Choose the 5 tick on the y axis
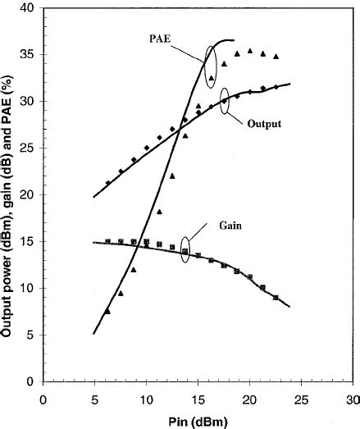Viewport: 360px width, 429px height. (x=30, y=335)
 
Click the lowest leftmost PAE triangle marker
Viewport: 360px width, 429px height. (x=107, y=311)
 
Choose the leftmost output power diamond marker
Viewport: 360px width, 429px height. (x=107, y=183)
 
